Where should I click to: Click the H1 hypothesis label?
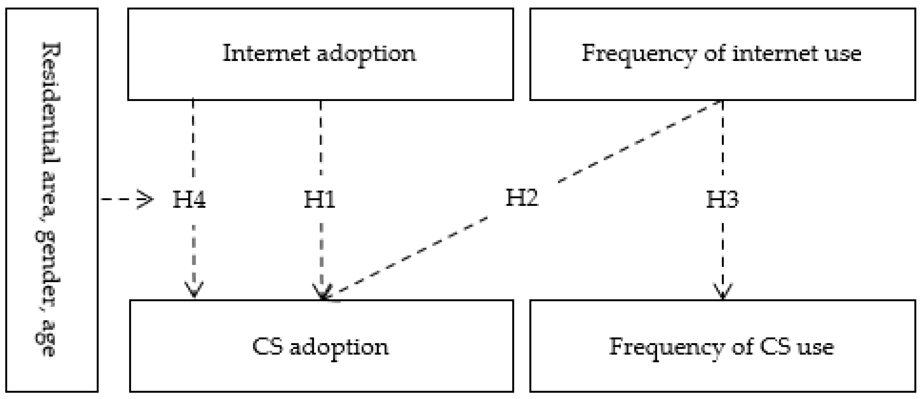(320, 199)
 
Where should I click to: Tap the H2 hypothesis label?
(521, 197)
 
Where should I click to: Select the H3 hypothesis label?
(722, 199)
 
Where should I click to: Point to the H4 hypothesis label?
(189, 199)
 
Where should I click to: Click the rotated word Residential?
(51, 104)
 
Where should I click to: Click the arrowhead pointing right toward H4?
(146, 199)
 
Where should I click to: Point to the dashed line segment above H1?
(320, 138)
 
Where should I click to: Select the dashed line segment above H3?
(723, 138)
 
